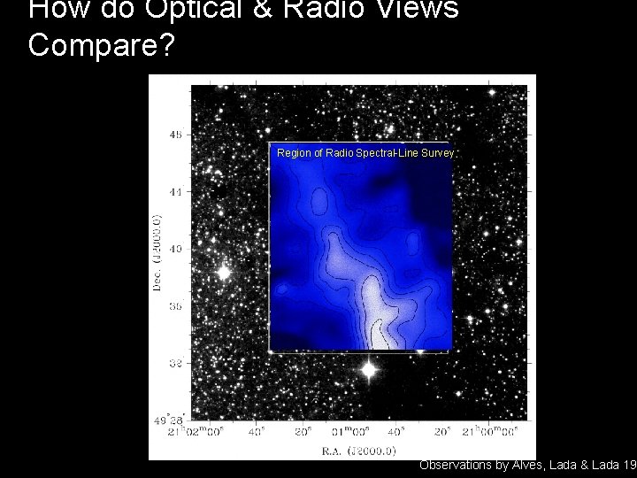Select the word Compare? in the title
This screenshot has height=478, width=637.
[x=103, y=45]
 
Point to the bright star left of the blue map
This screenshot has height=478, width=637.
[x=223, y=273]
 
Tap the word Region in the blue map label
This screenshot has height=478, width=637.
[x=294, y=153]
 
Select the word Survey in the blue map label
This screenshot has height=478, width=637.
[x=438, y=153]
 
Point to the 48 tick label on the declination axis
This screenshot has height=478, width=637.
[x=177, y=135]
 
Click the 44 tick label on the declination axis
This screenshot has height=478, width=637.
[x=177, y=191]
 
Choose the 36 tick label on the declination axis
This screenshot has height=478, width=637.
[x=177, y=305]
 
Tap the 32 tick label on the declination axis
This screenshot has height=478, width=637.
[x=177, y=362]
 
